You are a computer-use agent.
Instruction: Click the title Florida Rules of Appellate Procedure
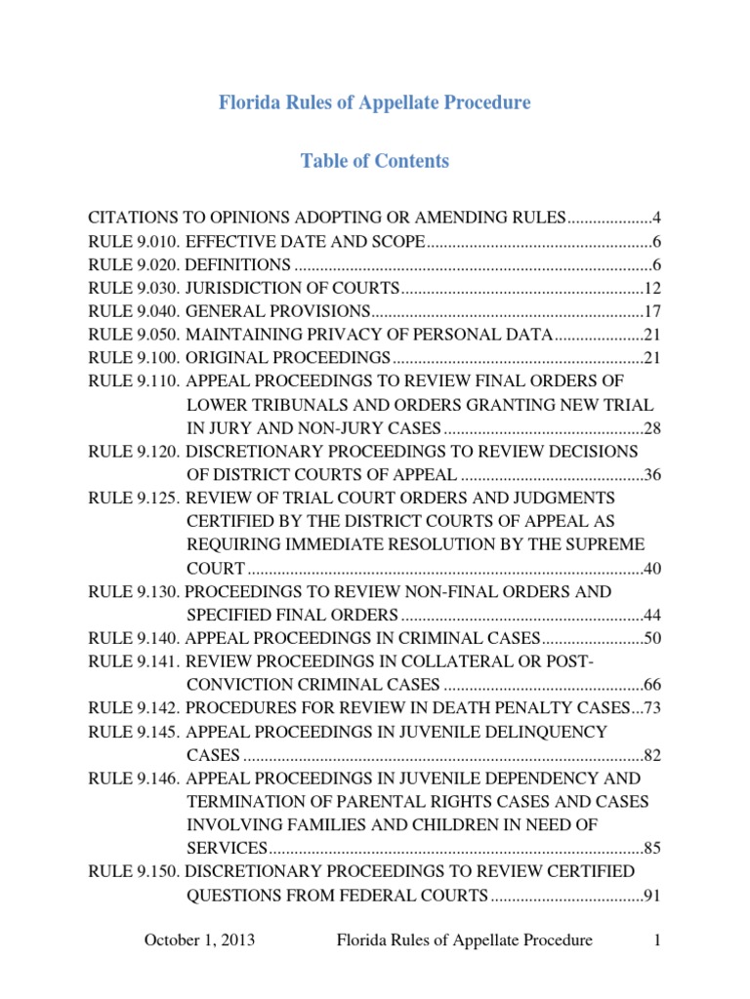[x=375, y=102]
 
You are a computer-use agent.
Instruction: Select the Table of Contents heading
[x=375, y=161]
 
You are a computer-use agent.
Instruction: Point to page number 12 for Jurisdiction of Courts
[x=653, y=288]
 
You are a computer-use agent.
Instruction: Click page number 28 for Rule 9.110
[x=653, y=428]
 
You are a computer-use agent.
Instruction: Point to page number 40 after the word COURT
[x=653, y=569]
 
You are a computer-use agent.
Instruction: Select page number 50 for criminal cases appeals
[x=653, y=639]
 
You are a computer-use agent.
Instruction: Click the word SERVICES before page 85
[x=227, y=848]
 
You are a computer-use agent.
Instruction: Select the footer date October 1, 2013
[x=200, y=940]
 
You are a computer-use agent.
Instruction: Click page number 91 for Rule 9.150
[x=653, y=895]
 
